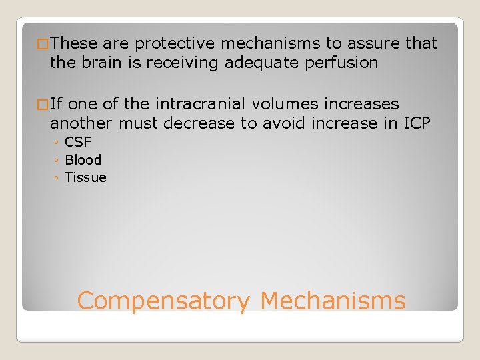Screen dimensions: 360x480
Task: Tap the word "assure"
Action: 373,44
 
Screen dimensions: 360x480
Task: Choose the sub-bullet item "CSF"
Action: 78,142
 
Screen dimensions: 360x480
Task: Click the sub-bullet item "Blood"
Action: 83,160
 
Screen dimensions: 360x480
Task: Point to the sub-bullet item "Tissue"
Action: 85,177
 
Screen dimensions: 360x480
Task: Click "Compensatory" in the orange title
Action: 163,301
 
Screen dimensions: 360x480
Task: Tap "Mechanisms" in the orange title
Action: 333,301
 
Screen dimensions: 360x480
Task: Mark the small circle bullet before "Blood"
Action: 57,161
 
